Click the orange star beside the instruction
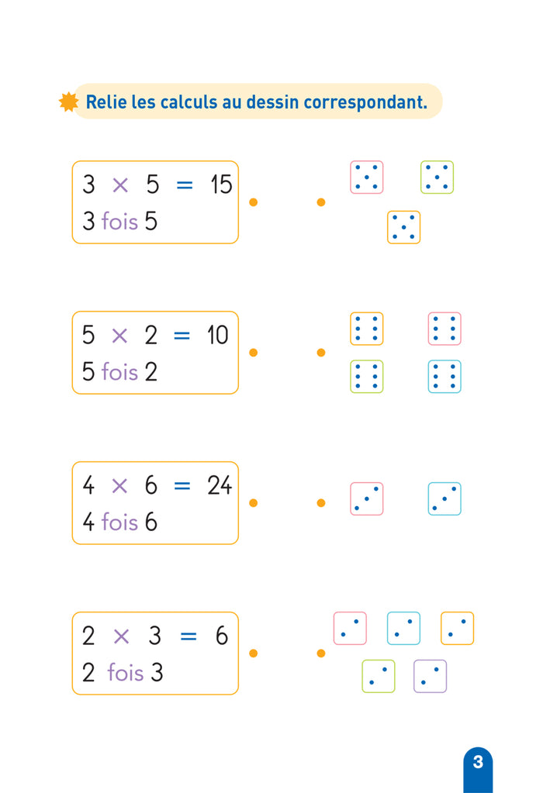coord(68,102)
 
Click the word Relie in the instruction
coord(106,102)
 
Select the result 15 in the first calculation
coord(221,184)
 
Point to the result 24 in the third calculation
coord(220,485)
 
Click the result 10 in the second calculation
coord(218,335)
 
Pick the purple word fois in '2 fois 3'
coord(126,673)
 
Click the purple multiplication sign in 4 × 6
coord(119,485)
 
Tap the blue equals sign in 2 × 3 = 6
coord(188,636)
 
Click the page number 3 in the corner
coord(478,762)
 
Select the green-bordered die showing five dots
coord(437,177)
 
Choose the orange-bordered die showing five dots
coord(403,227)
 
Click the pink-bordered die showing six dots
coord(444,329)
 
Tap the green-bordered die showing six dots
coord(366,376)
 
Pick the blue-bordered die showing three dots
coord(444,498)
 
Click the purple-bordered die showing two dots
coord(430,676)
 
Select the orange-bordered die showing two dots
coord(457,628)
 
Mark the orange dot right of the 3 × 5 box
coord(253,202)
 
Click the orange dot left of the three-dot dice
coord(321,503)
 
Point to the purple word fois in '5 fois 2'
coord(119,372)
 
